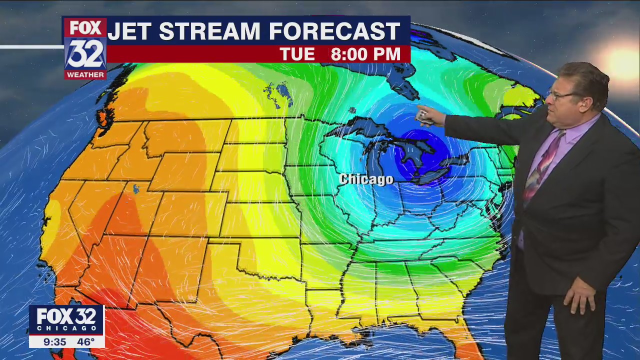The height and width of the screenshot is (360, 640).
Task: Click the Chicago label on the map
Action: tap(366, 179)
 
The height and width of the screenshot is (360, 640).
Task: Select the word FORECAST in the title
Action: tap(335, 31)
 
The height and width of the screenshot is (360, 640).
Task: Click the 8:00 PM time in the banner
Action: tap(365, 54)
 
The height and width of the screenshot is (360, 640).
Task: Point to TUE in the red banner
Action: tap(297, 54)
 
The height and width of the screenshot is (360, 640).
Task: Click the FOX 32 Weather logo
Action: tap(85, 48)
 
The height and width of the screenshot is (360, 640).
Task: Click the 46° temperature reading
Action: tap(85, 342)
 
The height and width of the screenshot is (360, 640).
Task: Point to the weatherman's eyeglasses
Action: tap(562, 94)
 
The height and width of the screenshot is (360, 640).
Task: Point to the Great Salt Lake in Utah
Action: tap(136, 189)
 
